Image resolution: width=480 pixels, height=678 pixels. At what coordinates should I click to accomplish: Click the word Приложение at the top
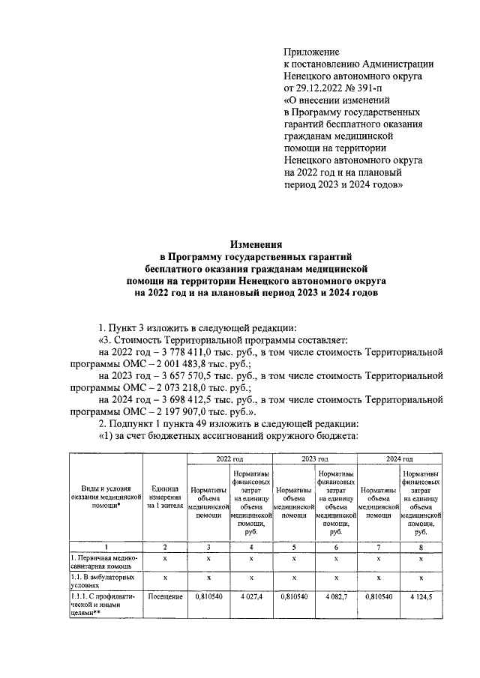(311, 52)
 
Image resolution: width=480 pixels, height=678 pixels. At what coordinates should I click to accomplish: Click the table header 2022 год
(229, 458)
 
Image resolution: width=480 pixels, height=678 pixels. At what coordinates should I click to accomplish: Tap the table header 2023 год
(314, 458)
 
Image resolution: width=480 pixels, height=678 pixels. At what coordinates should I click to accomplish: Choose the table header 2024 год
(399, 458)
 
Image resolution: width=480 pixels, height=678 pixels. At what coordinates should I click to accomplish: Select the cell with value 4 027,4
(250, 599)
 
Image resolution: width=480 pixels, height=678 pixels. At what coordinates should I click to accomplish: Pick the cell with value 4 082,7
(336, 599)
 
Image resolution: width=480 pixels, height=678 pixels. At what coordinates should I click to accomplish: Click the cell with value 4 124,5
(421, 599)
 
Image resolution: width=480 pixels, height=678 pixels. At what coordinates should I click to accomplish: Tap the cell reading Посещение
(164, 599)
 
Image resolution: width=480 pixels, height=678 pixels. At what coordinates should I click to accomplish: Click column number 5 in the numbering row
(293, 548)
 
